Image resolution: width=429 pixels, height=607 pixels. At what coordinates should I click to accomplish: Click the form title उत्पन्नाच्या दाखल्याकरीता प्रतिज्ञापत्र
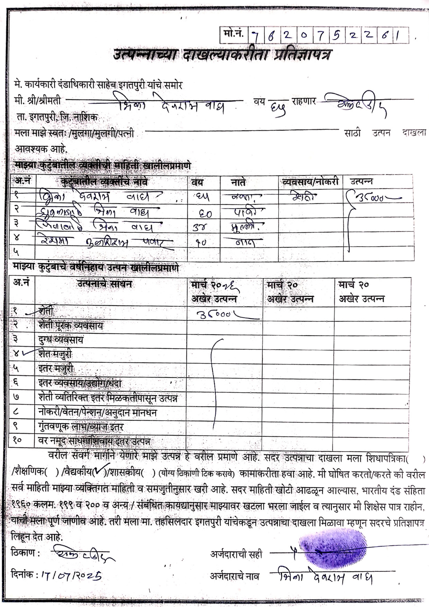pos(222,55)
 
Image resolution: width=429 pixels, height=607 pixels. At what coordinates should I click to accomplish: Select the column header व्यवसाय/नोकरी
pos(310,182)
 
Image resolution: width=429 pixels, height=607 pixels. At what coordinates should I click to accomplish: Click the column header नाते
pos(238,182)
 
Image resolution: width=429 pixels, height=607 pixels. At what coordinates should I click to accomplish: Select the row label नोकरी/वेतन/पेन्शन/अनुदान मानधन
pos(98,412)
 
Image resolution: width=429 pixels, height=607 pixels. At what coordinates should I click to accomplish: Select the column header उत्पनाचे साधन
pos(104,284)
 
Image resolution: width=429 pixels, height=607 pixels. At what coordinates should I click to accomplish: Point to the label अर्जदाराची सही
pos(236,554)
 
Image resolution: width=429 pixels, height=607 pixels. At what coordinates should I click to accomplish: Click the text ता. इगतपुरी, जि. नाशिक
pos(57,117)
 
